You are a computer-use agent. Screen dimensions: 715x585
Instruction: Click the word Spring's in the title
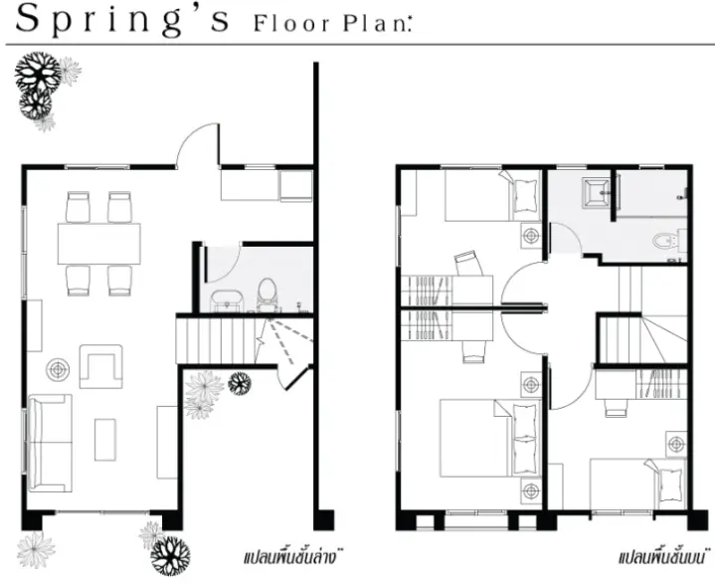click(122, 20)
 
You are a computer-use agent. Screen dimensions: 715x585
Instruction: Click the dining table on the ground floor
click(99, 243)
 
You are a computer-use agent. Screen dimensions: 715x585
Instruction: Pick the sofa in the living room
click(50, 443)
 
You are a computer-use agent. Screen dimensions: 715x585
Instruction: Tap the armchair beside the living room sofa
click(100, 366)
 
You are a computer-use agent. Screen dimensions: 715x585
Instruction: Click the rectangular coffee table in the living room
click(105, 440)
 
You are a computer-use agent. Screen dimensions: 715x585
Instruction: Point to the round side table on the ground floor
click(58, 370)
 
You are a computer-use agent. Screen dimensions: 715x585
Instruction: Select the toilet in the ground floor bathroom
click(267, 293)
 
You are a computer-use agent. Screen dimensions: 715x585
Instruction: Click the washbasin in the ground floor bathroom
click(227, 301)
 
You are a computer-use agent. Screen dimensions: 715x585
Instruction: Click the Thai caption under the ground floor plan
click(292, 557)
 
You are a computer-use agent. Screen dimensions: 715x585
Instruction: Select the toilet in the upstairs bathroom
click(665, 241)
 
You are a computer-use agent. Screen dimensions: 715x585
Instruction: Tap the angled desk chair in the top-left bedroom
click(468, 264)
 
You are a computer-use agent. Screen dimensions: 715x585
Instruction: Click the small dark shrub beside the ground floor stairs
click(240, 383)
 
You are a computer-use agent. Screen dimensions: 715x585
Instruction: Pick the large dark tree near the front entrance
click(170, 556)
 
